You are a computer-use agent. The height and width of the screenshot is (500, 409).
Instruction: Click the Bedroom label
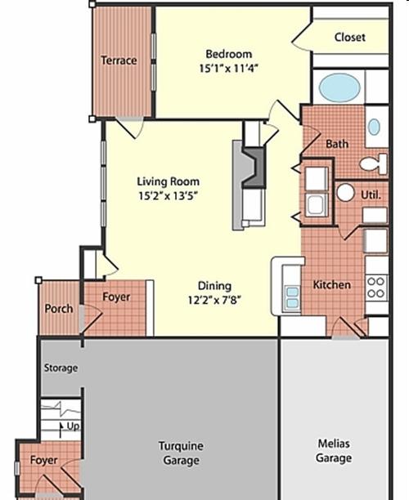(x=228, y=54)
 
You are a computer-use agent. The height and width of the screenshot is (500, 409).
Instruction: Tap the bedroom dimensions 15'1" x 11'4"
(x=228, y=69)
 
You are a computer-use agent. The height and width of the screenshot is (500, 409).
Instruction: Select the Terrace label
(x=119, y=60)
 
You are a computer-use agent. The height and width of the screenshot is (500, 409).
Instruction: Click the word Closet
(x=349, y=38)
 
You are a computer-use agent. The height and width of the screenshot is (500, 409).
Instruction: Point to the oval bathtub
(x=339, y=87)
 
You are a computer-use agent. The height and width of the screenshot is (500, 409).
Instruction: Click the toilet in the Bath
(x=373, y=164)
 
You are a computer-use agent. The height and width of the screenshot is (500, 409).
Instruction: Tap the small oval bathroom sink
(x=374, y=127)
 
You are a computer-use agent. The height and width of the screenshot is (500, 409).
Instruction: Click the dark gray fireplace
(x=254, y=167)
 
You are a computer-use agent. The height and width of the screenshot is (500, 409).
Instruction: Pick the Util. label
(x=371, y=194)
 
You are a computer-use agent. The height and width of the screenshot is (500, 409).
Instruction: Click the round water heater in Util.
(x=345, y=193)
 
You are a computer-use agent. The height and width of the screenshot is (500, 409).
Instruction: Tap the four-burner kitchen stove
(x=376, y=288)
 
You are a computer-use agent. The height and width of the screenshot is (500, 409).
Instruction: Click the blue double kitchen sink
(x=293, y=297)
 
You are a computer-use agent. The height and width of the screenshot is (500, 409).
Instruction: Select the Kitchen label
(x=332, y=285)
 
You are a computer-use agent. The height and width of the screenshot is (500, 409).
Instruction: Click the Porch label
(x=59, y=309)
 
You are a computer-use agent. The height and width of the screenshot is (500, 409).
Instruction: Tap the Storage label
(x=61, y=368)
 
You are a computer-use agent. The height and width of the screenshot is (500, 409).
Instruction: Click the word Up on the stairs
(x=73, y=426)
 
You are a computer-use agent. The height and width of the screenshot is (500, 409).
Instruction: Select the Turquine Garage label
(x=181, y=453)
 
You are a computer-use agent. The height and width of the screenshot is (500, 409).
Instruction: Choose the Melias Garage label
(x=334, y=451)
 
